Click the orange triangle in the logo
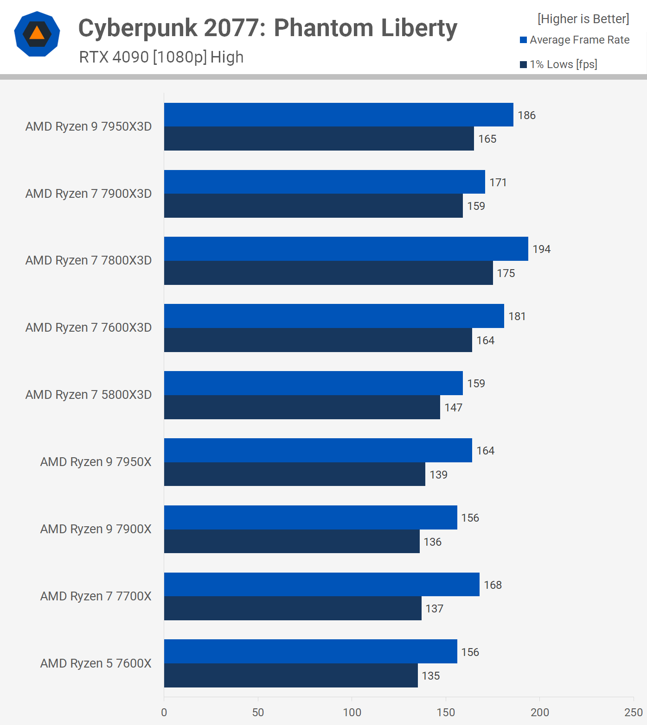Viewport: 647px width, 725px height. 37,33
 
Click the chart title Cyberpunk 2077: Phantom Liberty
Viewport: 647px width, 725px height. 268,28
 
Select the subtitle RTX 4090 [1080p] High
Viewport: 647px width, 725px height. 161,57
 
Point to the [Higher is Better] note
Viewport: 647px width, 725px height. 583,19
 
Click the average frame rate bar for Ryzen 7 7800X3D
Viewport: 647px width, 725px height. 346,249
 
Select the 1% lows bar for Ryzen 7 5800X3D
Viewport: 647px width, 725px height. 301,407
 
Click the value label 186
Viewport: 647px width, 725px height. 526,115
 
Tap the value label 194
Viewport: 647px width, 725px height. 541,249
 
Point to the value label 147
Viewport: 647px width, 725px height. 453,408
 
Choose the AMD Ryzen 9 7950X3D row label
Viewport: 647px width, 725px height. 89,126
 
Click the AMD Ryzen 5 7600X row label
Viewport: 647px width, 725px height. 96,663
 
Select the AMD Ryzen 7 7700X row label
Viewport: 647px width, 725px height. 96,596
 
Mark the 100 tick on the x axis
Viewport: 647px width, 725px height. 352,712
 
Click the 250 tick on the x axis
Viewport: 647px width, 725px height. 633,712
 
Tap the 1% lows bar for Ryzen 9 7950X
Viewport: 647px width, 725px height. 295,474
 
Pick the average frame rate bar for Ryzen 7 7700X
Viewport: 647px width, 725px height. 321,585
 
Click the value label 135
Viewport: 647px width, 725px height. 430,676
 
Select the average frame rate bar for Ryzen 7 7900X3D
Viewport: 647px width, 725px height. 324,182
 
